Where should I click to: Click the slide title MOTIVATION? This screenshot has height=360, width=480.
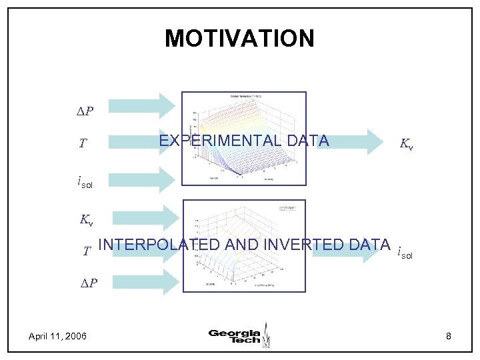pyautogui.click(x=239, y=38)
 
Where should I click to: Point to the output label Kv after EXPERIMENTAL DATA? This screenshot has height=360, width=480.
pyautogui.click(x=406, y=143)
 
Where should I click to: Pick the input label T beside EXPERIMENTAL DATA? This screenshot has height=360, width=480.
pyautogui.click(x=82, y=143)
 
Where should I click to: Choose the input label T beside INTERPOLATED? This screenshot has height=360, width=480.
pyautogui.click(x=87, y=251)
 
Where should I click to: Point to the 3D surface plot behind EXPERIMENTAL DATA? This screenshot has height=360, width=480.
pyautogui.click(x=243, y=138)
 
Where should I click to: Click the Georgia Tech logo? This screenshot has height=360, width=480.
pyautogui.click(x=239, y=335)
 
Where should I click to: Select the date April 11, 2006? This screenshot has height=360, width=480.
pyautogui.click(x=57, y=336)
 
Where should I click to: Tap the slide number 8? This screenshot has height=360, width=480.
pyautogui.click(x=449, y=336)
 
